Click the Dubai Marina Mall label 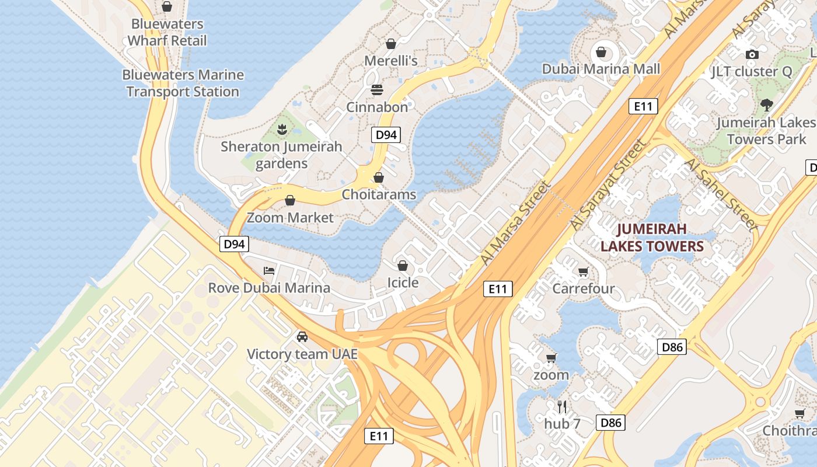pyautogui.click(x=601, y=69)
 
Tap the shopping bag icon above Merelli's pyautogui.click(x=390, y=44)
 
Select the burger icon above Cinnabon pyautogui.click(x=377, y=90)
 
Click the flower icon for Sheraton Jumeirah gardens pyautogui.click(x=282, y=129)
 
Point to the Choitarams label pyautogui.click(x=379, y=194)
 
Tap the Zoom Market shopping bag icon pyautogui.click(x=290, y=201)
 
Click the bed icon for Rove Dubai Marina pyautogui.click(x=269, y=270)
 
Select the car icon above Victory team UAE pyautogui.click(x=302, y=337)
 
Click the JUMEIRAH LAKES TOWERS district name pyautogui.click(x=652, y=237)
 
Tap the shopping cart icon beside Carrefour pyautogui.click(x=582, y=271)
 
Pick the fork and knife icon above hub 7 pyautogui.click(x=562, y=406)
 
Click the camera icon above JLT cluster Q pyautogui.click(x=752, y=54)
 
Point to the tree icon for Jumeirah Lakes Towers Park pyautogui.click(x=766, y=105)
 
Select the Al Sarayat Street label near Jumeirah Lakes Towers pyautogui.click(x=608, y=185)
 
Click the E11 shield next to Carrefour pyautogui.click(x=498, y=288)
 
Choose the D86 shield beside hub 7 pyautogui.click(x=610, y=423)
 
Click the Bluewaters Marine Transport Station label pyautogui.click(x=183, y=83)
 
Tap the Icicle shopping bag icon pyautogui.click(x=402, y=266)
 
